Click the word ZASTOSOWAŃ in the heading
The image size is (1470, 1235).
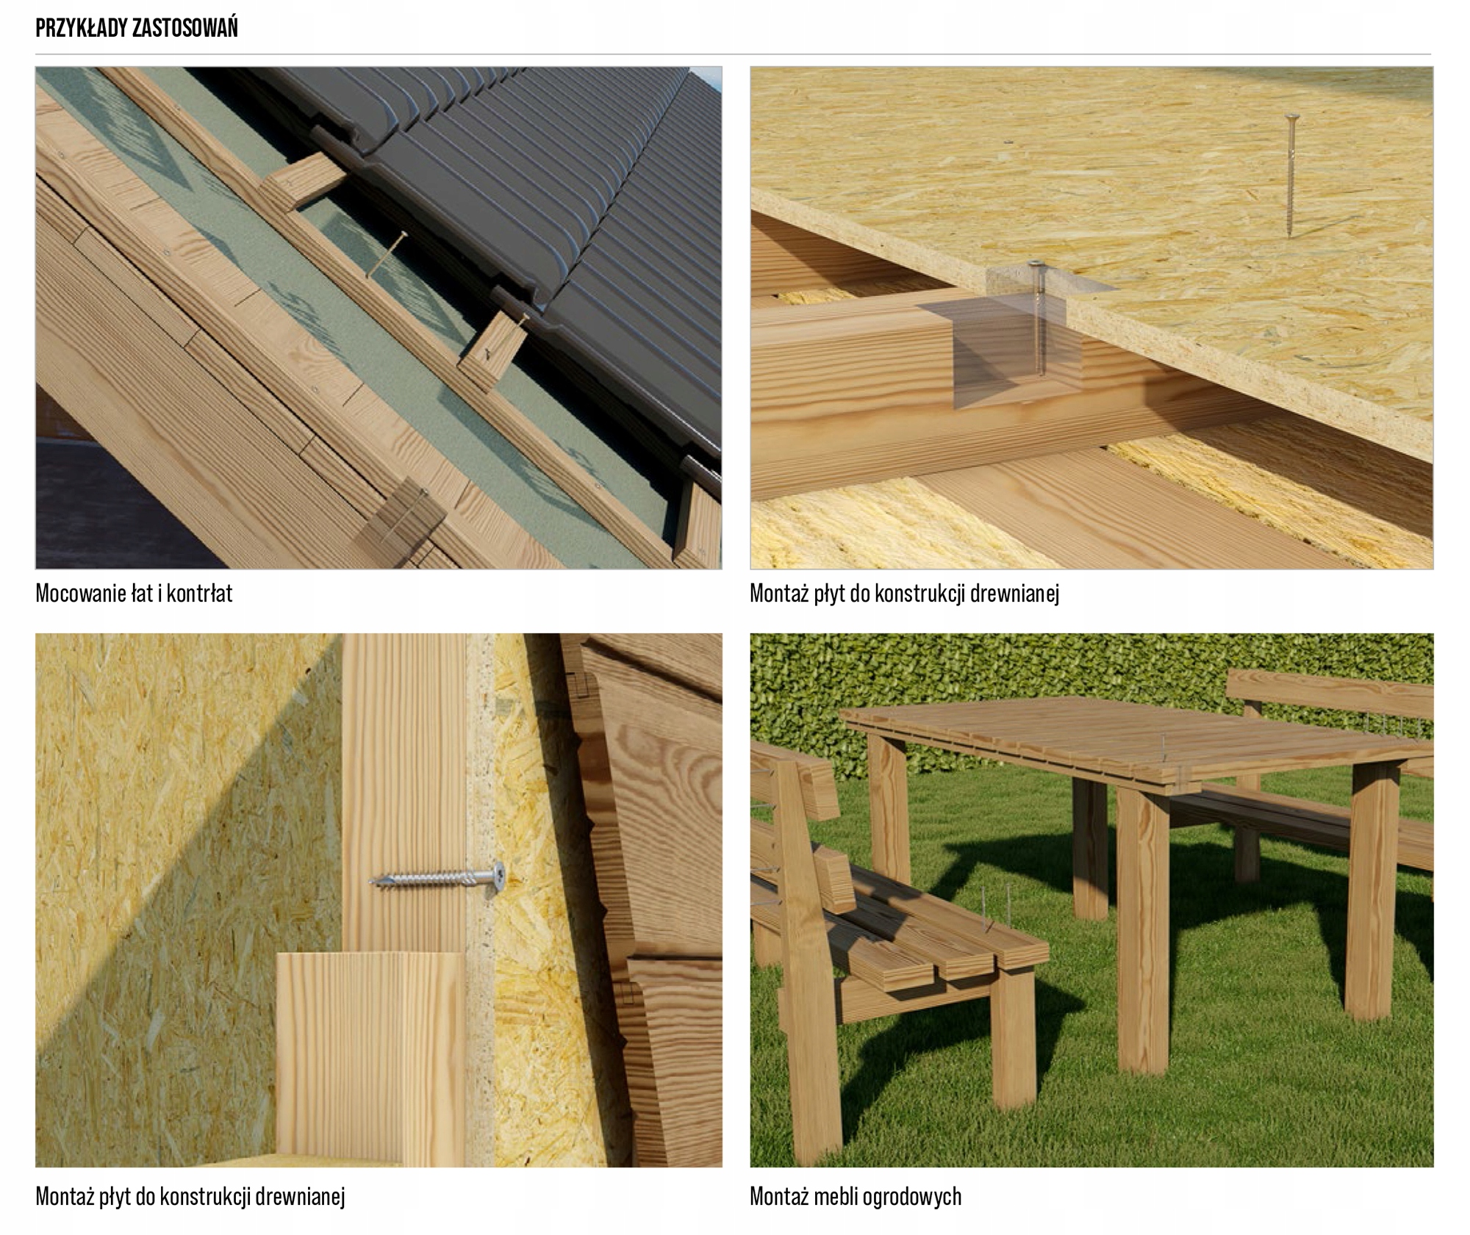point(186,28)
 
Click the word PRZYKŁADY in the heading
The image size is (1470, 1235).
point(82,28)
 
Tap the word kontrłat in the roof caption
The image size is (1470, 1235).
point(200,593)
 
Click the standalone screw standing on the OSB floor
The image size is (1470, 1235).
point(1291,176)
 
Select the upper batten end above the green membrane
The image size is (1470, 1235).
point(303,181)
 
